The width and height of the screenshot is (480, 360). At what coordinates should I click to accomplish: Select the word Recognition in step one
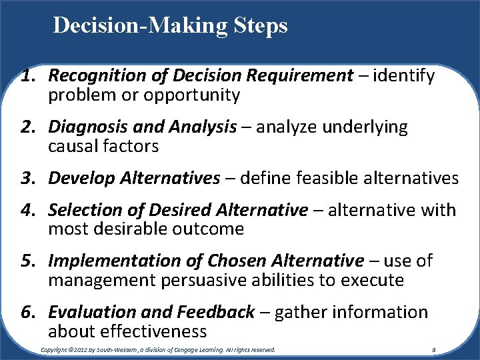pos(91,77)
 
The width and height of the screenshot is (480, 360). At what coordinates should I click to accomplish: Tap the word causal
pos(72,146)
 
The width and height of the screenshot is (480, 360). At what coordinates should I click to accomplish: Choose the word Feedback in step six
pos(215,313)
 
